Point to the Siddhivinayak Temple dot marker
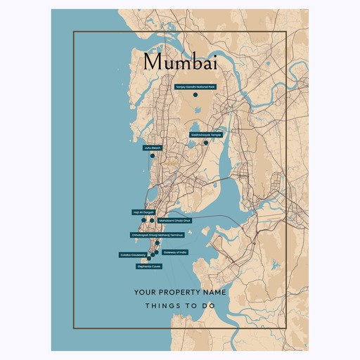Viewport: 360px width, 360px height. (206, 143)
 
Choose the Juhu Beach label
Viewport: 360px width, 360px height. (153, 148)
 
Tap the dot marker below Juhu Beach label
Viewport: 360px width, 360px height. (153, 156)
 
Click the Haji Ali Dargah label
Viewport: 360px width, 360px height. (143, 212)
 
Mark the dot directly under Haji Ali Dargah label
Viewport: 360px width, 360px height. (143, 220)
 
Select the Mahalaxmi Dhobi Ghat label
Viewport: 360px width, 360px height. (175, 220)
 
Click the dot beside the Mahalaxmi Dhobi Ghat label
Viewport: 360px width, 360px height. (152, 220)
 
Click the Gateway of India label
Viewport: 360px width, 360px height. (175, 252)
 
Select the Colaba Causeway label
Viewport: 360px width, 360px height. (133, 255)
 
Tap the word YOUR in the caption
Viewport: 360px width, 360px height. (144, 291)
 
